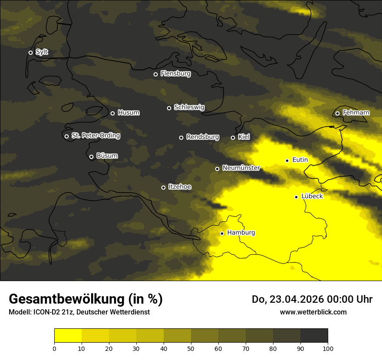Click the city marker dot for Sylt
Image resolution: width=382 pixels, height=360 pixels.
pos(30,52)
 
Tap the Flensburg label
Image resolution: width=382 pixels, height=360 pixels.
pos(175,74)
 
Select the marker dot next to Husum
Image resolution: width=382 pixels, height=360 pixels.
pos(112,113)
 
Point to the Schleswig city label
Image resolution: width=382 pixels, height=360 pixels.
pos(189,107)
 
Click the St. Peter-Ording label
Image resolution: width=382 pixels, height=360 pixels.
pos(95,136)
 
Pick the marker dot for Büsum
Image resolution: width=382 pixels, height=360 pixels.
pos(91,157)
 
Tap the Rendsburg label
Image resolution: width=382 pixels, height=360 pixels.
pos(202,137)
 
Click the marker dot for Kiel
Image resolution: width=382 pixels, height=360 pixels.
pos(233,137)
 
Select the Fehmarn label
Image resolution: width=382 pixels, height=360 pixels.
pos(356,113)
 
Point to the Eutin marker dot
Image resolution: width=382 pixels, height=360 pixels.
pos(287,160)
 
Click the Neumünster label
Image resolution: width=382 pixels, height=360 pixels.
pos(241,168)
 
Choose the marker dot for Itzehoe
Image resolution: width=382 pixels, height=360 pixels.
pos(163,187)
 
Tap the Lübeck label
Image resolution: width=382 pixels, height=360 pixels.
pos(312,196)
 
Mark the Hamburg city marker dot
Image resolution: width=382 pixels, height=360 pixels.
pos(222,233)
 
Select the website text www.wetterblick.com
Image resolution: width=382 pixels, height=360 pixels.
pos(313,312)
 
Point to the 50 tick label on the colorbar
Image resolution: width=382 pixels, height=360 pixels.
pos(191,348)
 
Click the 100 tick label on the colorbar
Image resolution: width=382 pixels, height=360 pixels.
pos(328,348)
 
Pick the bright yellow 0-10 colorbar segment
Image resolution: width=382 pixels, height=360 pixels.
pos(68,335)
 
